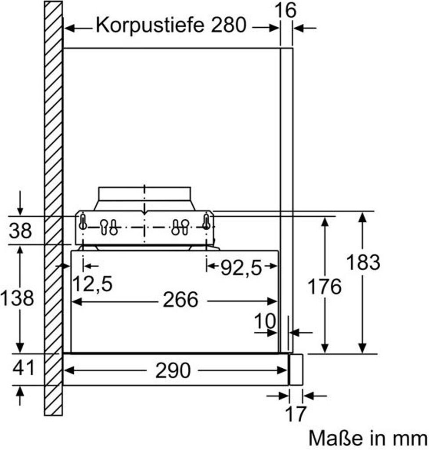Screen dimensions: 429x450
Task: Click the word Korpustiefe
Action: pos(150,25)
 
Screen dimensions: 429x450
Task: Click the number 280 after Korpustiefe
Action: pos(229,25)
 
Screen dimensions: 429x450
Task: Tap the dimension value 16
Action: pos(285,11)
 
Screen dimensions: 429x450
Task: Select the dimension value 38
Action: pos(20,230)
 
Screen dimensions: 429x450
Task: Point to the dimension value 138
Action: pos(17,298)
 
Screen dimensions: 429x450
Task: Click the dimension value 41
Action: pos(23,368)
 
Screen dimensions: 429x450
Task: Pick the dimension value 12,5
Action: pos(92,284)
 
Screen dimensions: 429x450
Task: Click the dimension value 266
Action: pos(180,300)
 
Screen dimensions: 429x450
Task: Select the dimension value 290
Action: pos(173,370)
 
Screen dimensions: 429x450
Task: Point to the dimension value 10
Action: pos(265,321)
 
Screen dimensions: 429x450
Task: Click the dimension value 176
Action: pos(324,287)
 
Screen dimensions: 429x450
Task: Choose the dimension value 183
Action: pos(363,262)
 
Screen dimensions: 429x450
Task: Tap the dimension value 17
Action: pos(296,414)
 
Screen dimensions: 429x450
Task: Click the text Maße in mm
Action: pos(368,438)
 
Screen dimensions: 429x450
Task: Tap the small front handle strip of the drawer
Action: pos(296,370)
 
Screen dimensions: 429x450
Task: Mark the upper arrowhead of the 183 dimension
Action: pos(363,217)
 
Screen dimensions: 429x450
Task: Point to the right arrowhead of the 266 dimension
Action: pos(272,301)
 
